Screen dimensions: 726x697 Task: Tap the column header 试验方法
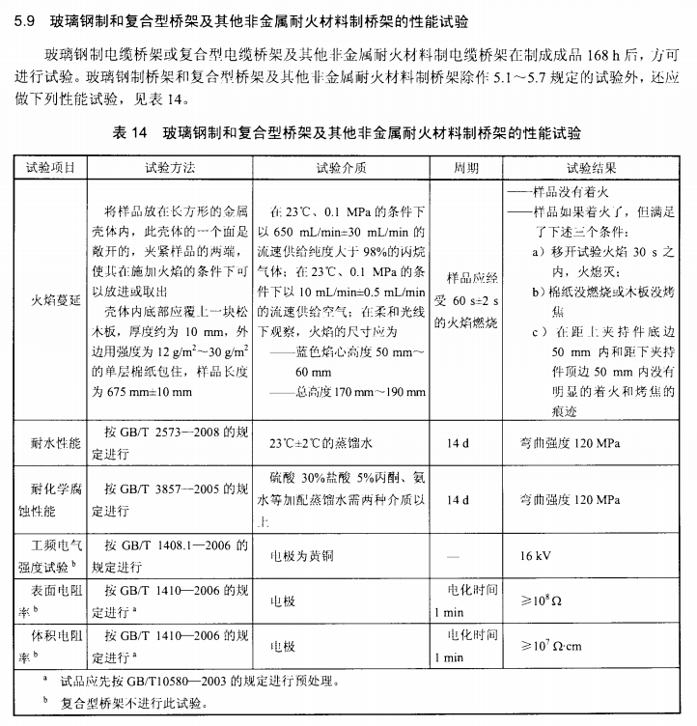[x=170, y=167]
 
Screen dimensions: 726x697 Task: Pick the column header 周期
[x=465, y=167]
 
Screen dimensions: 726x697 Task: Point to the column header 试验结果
[x=592, y=167]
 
